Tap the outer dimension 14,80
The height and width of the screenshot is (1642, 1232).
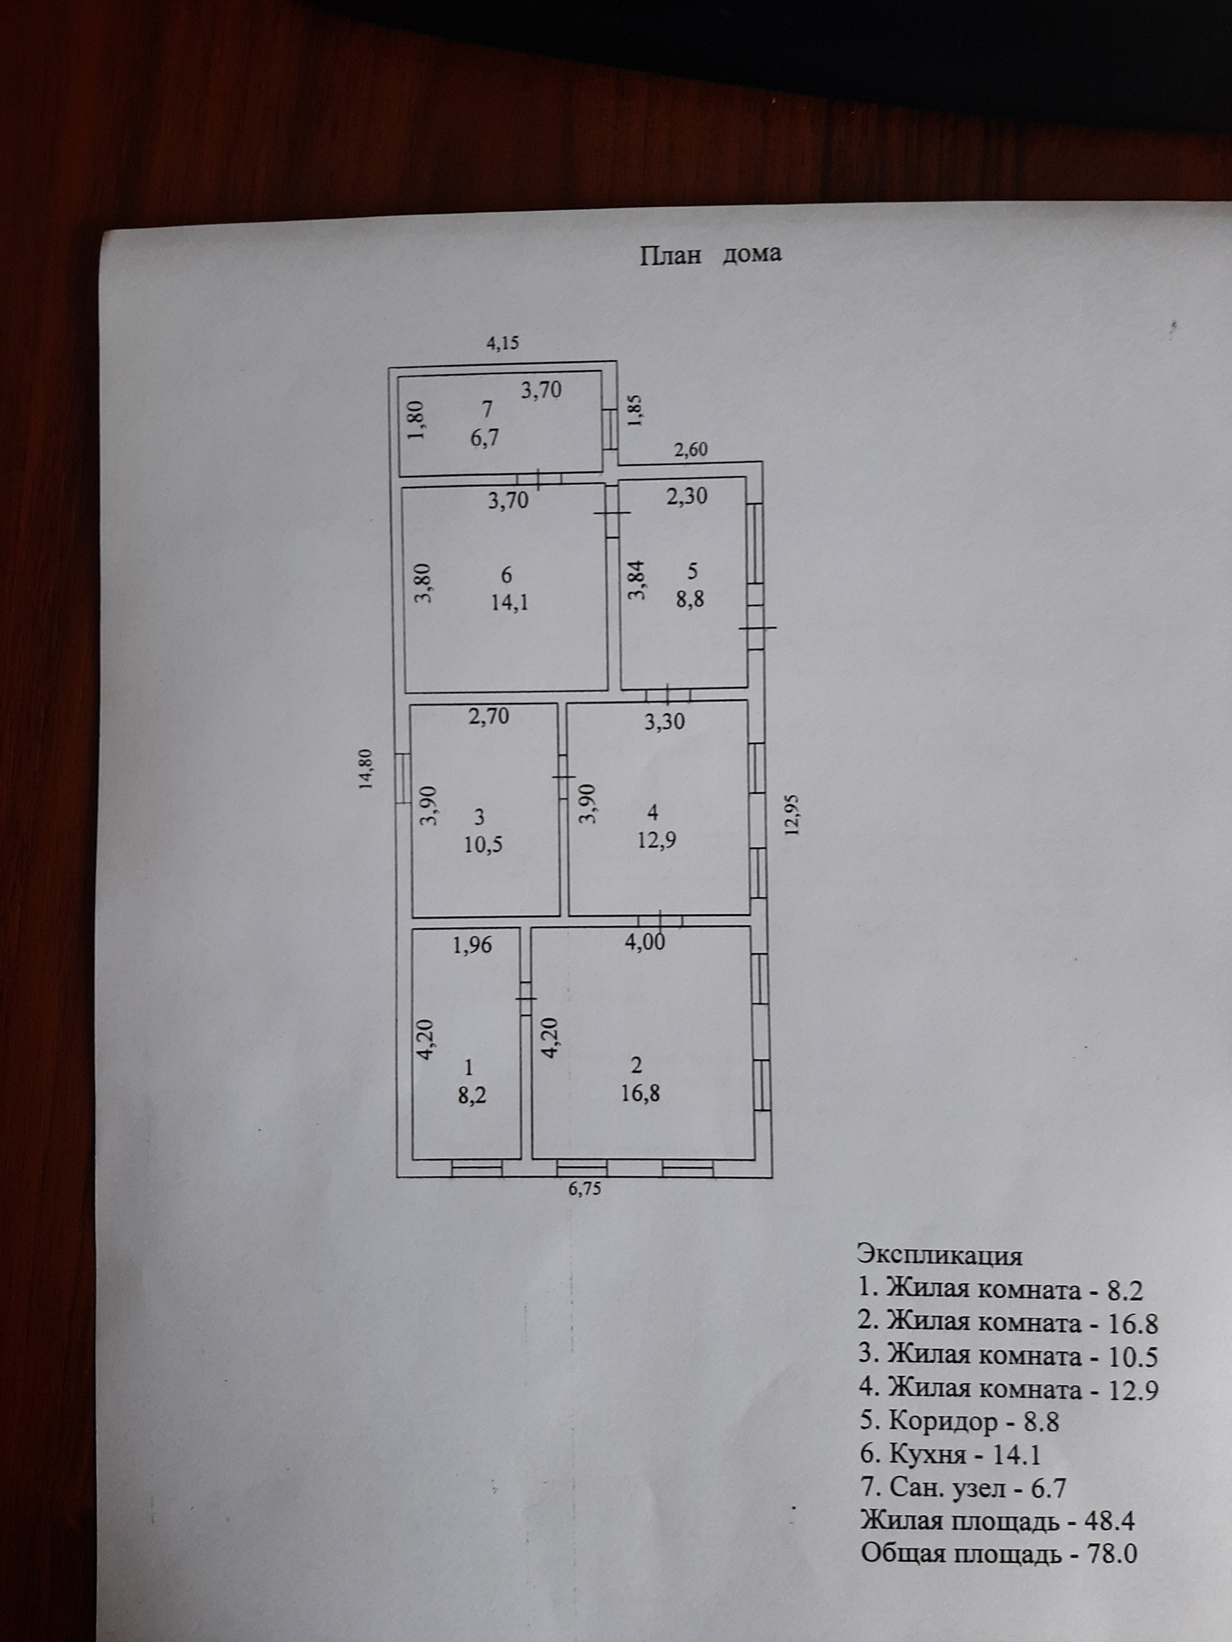pyautogui.click(x=367, y=770)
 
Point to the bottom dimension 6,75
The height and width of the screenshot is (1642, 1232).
pyautogui.click(x=585, y=1189)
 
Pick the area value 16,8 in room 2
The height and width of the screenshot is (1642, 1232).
pyautogui.click(x=638, y=1093)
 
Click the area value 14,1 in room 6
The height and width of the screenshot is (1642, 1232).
pyautogui.click(x=509, y=602)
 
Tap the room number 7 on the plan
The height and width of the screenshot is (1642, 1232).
pyautogui.click(x=487, y=409)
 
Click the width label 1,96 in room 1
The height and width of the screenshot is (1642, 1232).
pyautogui.click(x=473, y=945)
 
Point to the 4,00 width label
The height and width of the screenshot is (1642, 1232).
pyautogui.click(x=645, y=941)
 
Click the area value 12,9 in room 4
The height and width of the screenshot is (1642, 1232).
pyautogui.click(x=656, y=841)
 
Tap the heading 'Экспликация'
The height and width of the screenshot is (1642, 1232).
pyautogui.click(x=939, y=1255)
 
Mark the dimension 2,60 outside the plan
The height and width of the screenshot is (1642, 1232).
pyautogui.click(x=690, y=450)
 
